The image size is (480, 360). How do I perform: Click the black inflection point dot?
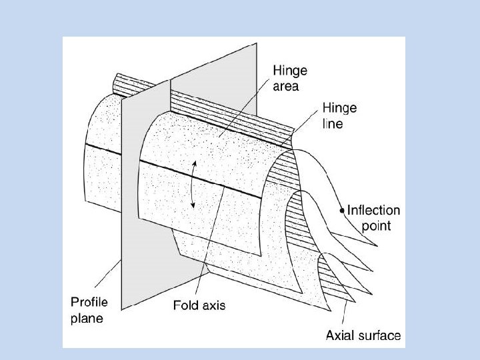point(342,210)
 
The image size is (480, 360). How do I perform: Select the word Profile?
point(90,303)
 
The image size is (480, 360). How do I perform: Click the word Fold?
point(185,306)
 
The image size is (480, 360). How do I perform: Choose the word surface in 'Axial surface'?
point(378,335)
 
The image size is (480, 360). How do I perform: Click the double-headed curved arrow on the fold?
point(193,184)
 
